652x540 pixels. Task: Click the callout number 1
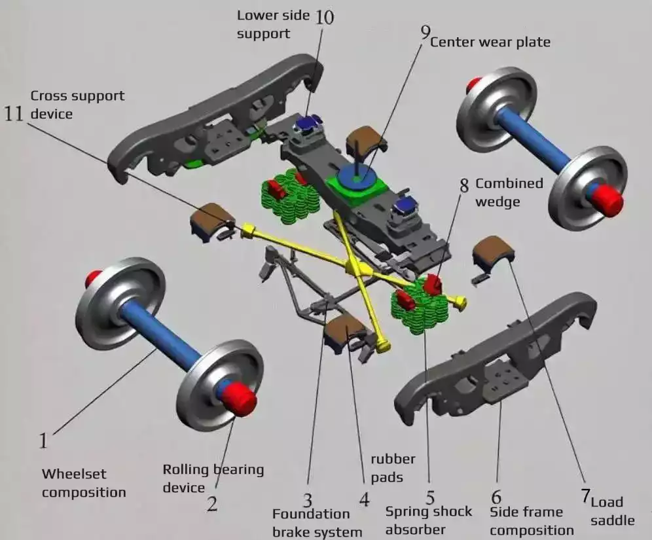point(43,441)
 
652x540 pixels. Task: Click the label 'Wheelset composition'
point(83,482)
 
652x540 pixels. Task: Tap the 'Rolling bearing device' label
point(213,478)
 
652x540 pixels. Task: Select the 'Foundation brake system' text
point(317,522)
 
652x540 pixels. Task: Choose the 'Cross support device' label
point(77,104)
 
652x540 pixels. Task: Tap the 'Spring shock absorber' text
point(428,520)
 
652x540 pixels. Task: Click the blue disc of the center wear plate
point(357,176)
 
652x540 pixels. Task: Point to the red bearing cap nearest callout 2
point(242,399)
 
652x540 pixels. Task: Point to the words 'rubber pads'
point(393,468)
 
